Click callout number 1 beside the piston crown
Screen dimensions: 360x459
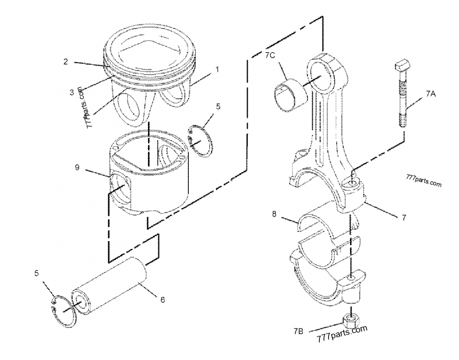pyautogui.click(x=217, y=69)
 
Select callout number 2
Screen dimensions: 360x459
pyautogui.click(x=66, y=61)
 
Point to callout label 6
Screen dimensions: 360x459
pyautogui.click(x=162, y=299)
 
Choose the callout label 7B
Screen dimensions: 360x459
pyautogui.click(x=298, y=331)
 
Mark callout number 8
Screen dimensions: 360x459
pyautogui.click(x=274, y=214)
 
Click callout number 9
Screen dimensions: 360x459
pyautogui.click(x=77, y=168)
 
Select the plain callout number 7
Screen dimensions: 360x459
pyautogui.click(x=404, y=218)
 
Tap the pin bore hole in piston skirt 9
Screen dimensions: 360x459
pyautogui.click(x=122, y=190)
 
